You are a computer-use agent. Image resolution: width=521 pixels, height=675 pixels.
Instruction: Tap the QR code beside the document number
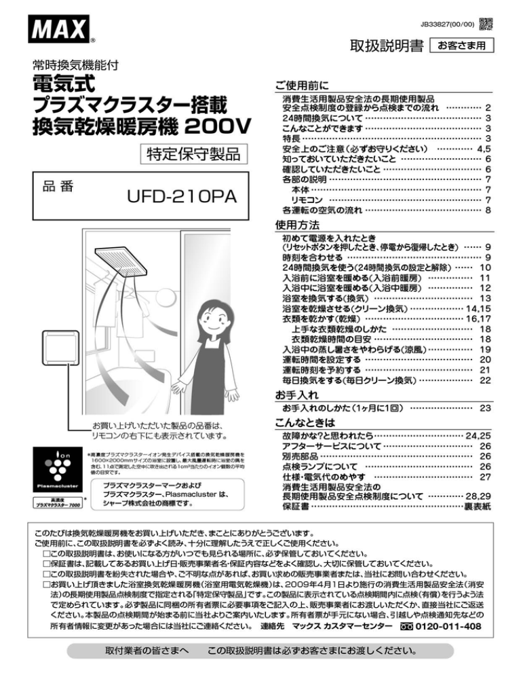point(486,23)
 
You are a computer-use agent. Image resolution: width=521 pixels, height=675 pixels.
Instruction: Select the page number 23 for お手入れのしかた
point(484,409)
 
